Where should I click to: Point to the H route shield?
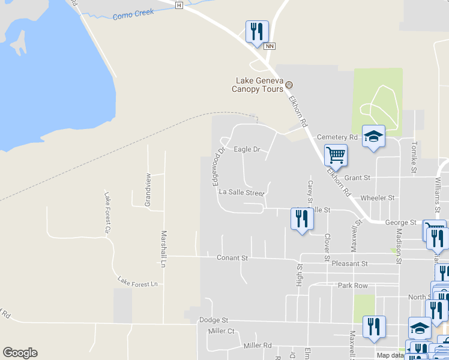click(178, 5)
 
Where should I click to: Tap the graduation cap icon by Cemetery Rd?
click(373, 136)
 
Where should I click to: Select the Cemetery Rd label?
click(337, 137)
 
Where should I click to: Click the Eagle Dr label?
click(246, 149)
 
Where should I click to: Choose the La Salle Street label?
click(241, 193)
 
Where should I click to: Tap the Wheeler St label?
click(378, 198)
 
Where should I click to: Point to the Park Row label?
click(352, 286)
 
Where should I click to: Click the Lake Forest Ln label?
click(137, 281)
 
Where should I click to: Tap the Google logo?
click(20, 353)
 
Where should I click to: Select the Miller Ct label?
click(221, 331)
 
